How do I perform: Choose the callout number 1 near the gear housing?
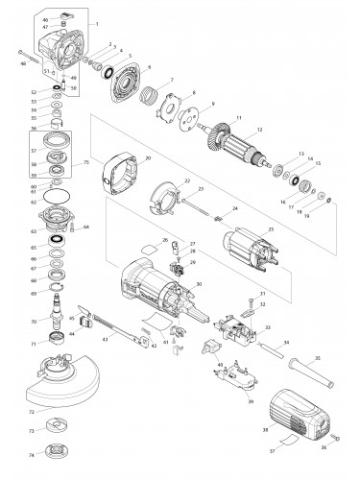[96, 22]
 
